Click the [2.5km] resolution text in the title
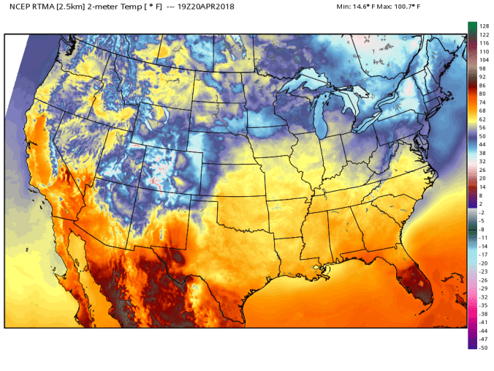click(76, 7)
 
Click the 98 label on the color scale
click(482, 68)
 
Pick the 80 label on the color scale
click(482, 93)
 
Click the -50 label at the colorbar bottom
click(483, 347)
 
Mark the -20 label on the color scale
click(483, 263)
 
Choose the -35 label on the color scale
click(483, 305)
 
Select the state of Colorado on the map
click(164, 168)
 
